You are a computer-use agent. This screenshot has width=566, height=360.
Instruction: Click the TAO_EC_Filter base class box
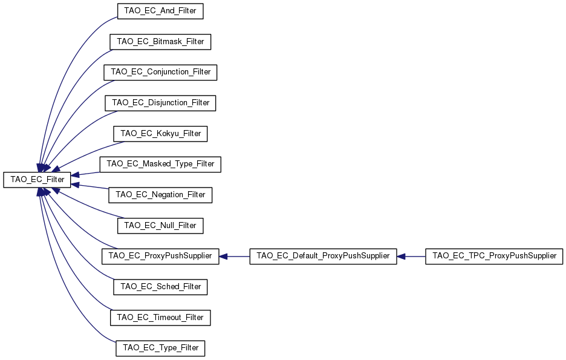tap(37, 180)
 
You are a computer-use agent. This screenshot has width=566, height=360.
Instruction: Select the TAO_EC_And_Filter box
tap(160, 11)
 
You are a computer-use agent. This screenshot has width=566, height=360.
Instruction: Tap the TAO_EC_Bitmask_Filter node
tap(160, 42)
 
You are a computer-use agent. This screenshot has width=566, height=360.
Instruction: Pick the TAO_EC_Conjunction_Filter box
tap(160, 72)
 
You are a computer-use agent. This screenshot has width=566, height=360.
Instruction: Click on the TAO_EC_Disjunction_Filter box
tap(160, 103)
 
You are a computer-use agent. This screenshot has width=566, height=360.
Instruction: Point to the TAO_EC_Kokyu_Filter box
tap(160, 134)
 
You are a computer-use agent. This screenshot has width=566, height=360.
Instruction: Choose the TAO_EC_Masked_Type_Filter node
tap(160, 164)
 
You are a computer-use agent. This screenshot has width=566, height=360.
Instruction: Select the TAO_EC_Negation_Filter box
tap(160, 195)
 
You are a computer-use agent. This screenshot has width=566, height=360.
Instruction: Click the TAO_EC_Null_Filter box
tap(160, 226)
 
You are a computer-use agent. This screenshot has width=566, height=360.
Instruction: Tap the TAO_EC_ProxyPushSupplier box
tap(160, 256)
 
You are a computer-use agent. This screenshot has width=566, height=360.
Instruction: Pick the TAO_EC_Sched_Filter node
tap(160, 287)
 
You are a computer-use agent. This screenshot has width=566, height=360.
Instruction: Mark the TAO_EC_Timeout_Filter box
tap(160, 318)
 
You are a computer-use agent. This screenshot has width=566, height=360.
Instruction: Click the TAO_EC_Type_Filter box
tap(160, 348)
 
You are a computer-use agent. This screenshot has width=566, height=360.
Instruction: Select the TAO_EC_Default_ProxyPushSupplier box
tap(324, 256)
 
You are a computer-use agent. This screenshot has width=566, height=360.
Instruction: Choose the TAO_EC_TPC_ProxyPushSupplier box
tap(494, 256)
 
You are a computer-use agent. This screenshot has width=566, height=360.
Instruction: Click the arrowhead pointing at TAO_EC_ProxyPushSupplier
tap(223, 256)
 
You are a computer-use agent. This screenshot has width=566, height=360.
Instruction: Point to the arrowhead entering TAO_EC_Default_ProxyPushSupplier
tap(401, 256)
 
